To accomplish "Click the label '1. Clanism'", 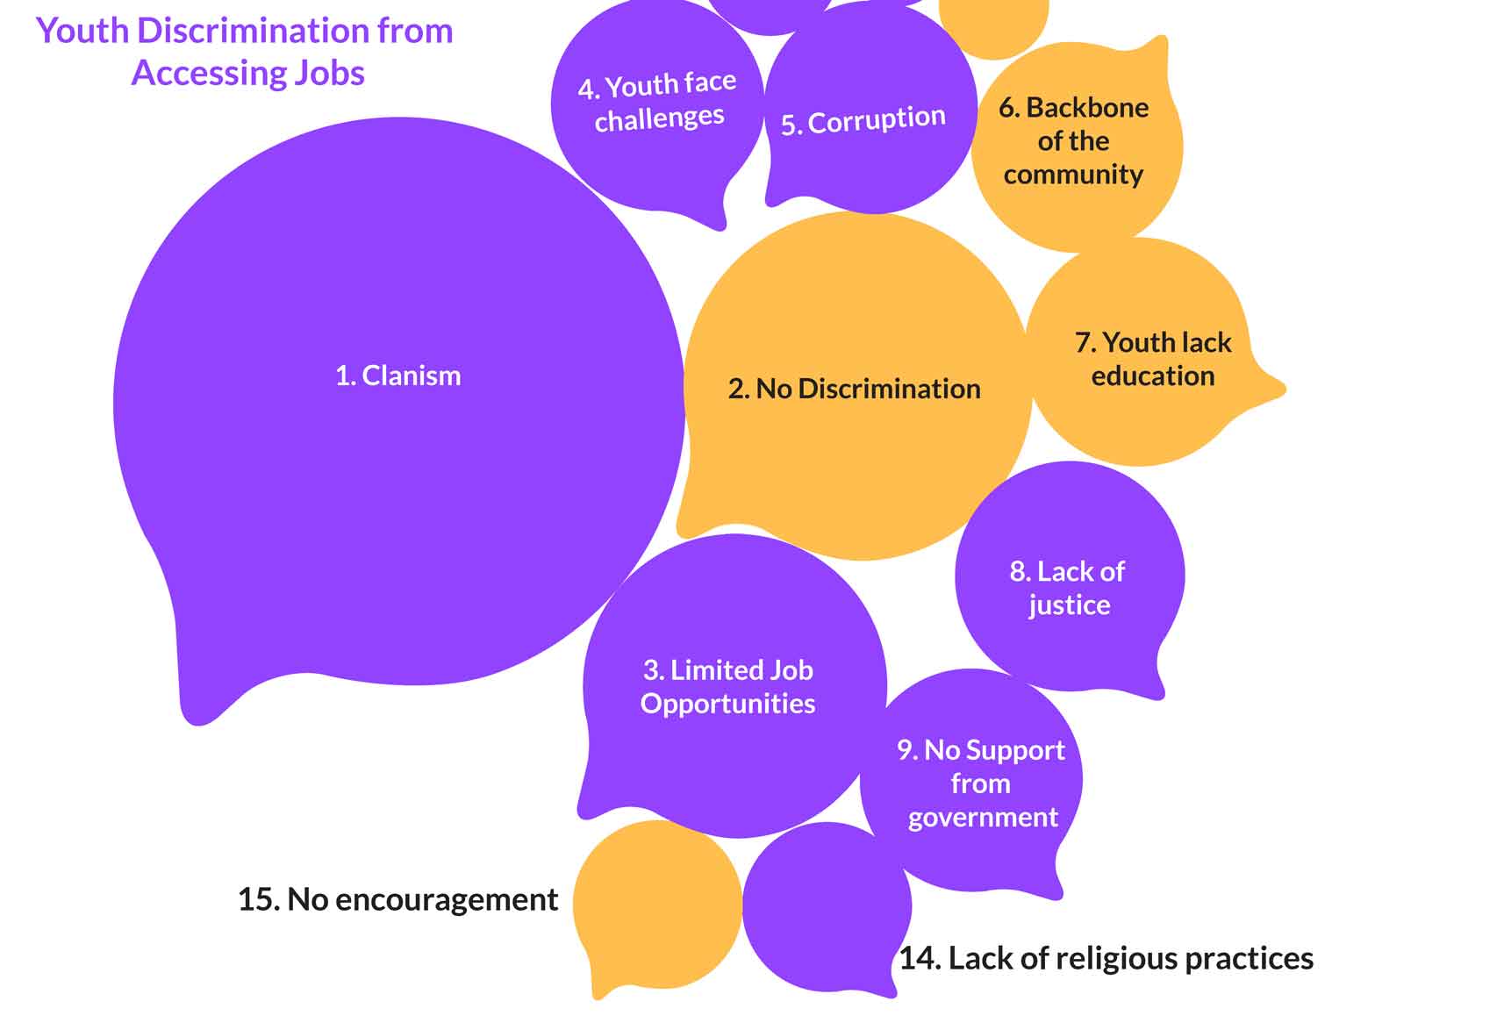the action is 398,376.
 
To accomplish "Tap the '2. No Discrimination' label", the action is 854,389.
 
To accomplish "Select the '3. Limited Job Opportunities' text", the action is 728,687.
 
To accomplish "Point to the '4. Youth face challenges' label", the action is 658,102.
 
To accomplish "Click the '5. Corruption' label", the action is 863,121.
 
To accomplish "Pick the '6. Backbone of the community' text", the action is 1074,140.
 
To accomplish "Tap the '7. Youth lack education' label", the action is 1153,359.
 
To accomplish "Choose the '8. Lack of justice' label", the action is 1068,588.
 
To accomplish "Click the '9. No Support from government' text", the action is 981,783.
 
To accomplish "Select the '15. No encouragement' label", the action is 397,899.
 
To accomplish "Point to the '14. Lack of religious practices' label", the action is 1106,958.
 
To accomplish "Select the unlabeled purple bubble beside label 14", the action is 826,907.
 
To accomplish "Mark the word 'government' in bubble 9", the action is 983,818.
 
